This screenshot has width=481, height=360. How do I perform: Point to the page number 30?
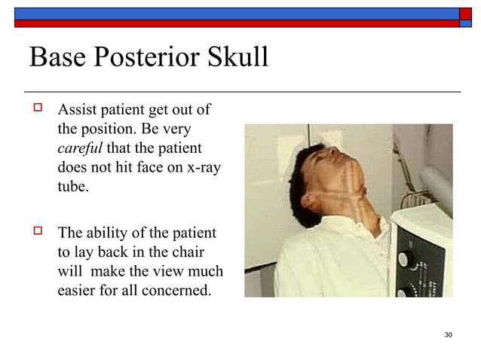click(449, 334)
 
